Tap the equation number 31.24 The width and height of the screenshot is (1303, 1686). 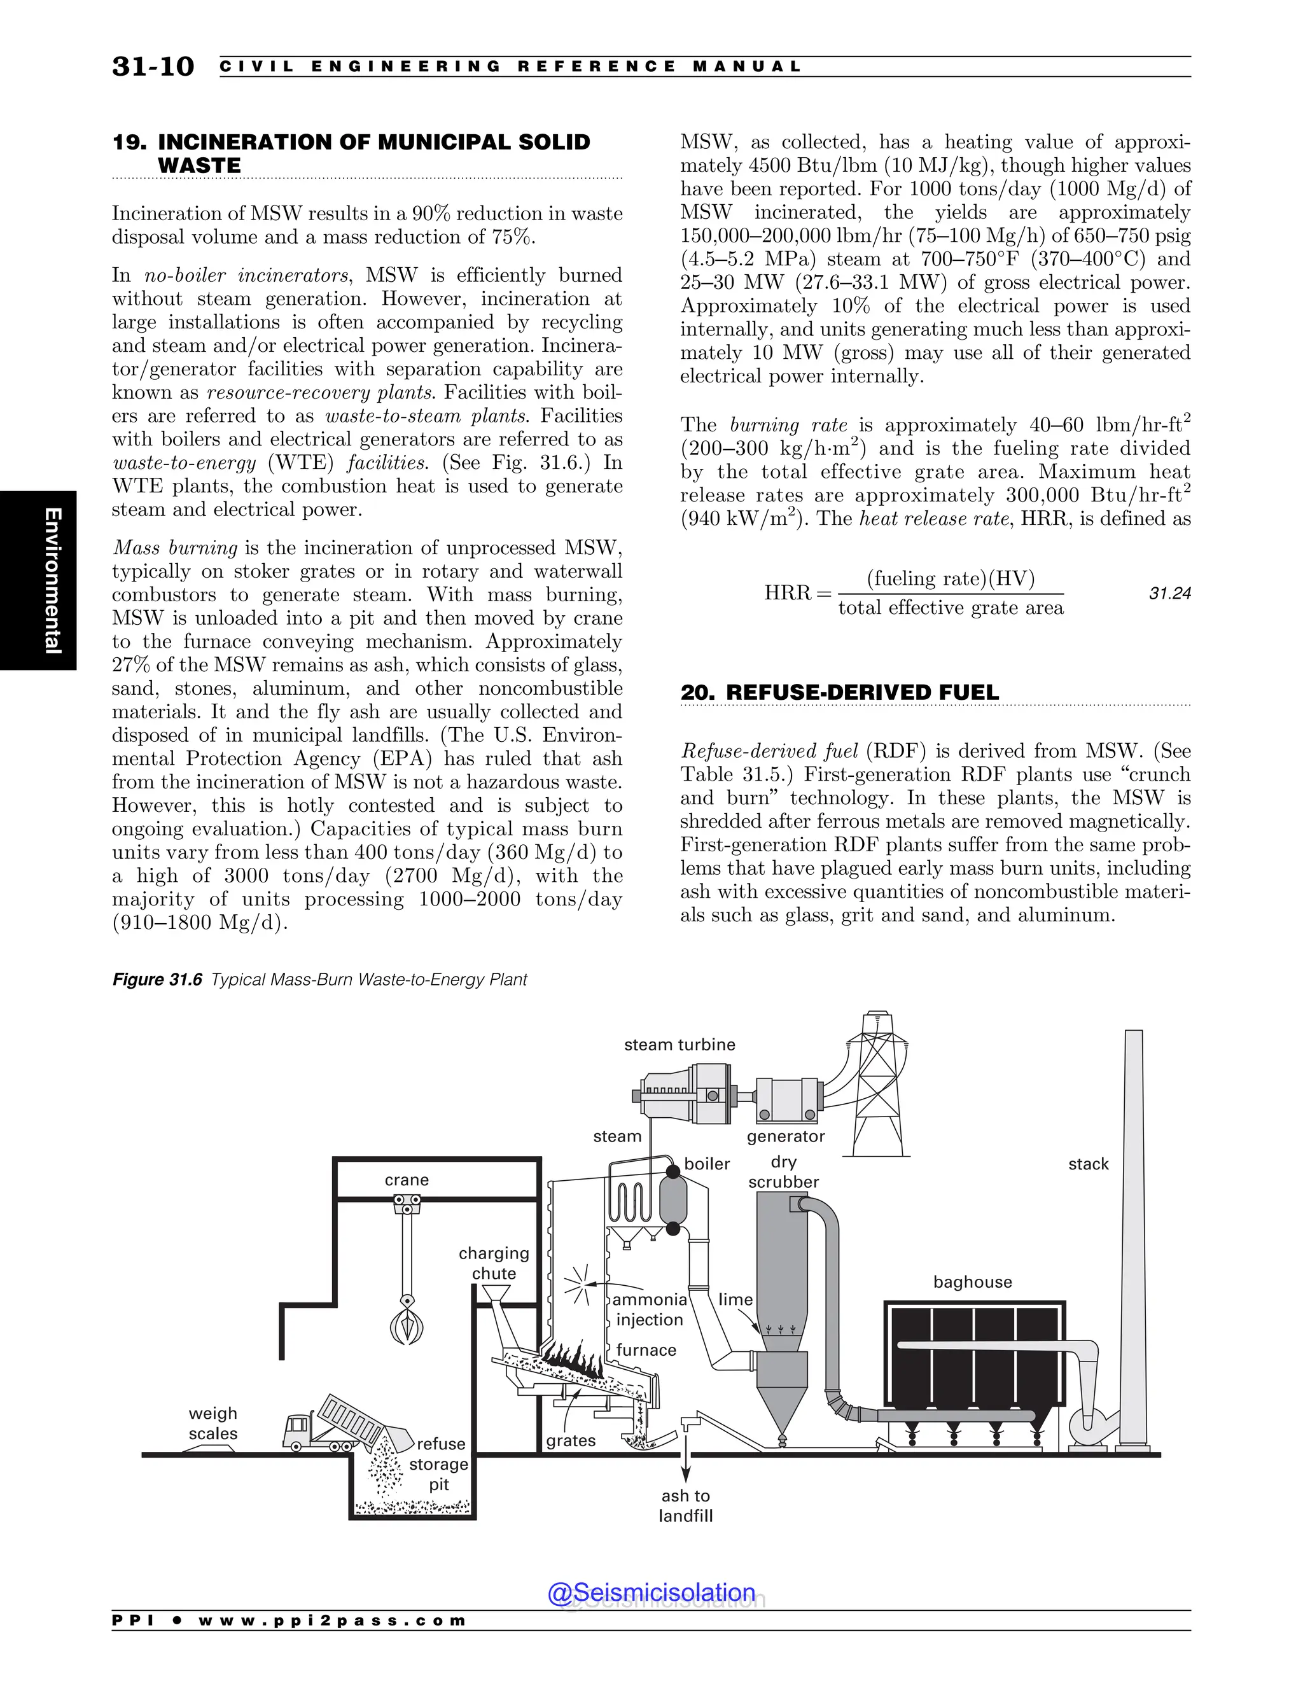coord(1169,593)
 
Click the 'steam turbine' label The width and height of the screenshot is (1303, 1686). coord(679,1045)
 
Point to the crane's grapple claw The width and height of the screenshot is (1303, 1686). coord(407,1325)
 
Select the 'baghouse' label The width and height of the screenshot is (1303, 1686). coord(972,1281)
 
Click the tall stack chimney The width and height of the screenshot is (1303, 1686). coord(1133,1235)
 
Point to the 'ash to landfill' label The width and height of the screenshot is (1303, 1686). coord(685,1505)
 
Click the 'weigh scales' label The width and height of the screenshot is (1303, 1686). coord(213,1423)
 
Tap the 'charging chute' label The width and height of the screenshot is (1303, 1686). coord(494,1263)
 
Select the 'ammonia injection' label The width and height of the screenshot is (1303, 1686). coord(649,1309)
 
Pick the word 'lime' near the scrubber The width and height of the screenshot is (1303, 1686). coord(735,1299)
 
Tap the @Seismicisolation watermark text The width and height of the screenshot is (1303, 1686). coord(651,1592)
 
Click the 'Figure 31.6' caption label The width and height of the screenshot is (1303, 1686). coord(157,980)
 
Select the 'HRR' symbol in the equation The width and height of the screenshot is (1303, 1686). coord(788,593)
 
